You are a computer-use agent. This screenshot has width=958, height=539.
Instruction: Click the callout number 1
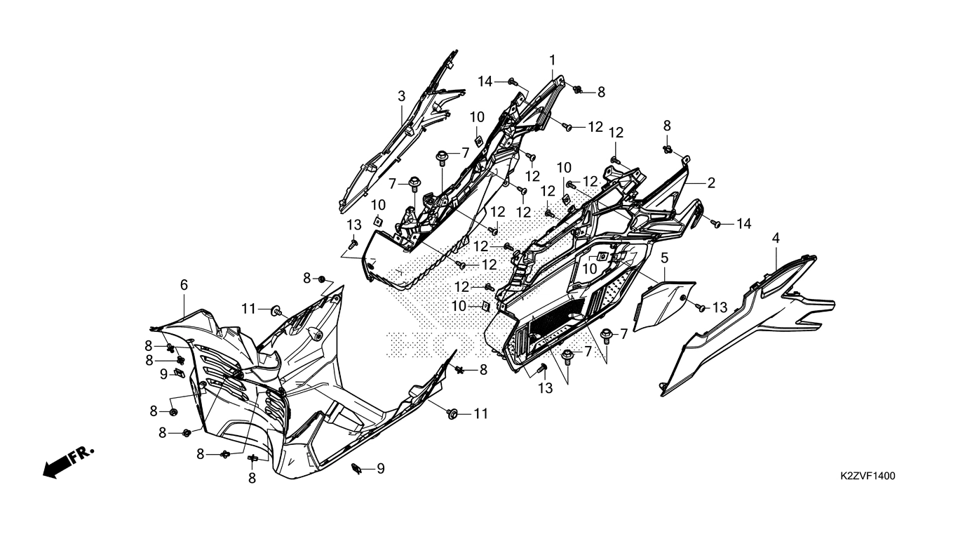(x=552, y=60)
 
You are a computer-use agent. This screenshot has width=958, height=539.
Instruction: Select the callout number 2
(x=711, y=183)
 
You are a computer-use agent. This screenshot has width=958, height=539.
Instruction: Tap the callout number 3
(x=401, y=96)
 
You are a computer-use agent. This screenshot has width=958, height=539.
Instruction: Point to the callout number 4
(x=776, y=239)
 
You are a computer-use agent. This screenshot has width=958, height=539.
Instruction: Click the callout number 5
(x=664, y=258)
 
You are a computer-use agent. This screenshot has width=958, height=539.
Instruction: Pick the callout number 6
(x=184, y=285)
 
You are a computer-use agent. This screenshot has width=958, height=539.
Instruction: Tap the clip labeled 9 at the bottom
(x=356, y=469)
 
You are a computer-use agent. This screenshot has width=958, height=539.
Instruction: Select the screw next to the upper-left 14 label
(x=512, y=81)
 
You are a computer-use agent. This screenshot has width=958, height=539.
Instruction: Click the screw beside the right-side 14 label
(x=717, y=223)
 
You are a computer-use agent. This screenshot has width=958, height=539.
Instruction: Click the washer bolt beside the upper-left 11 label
(x=277, y=310)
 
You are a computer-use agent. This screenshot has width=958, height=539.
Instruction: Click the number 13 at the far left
(x=354, y=225)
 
